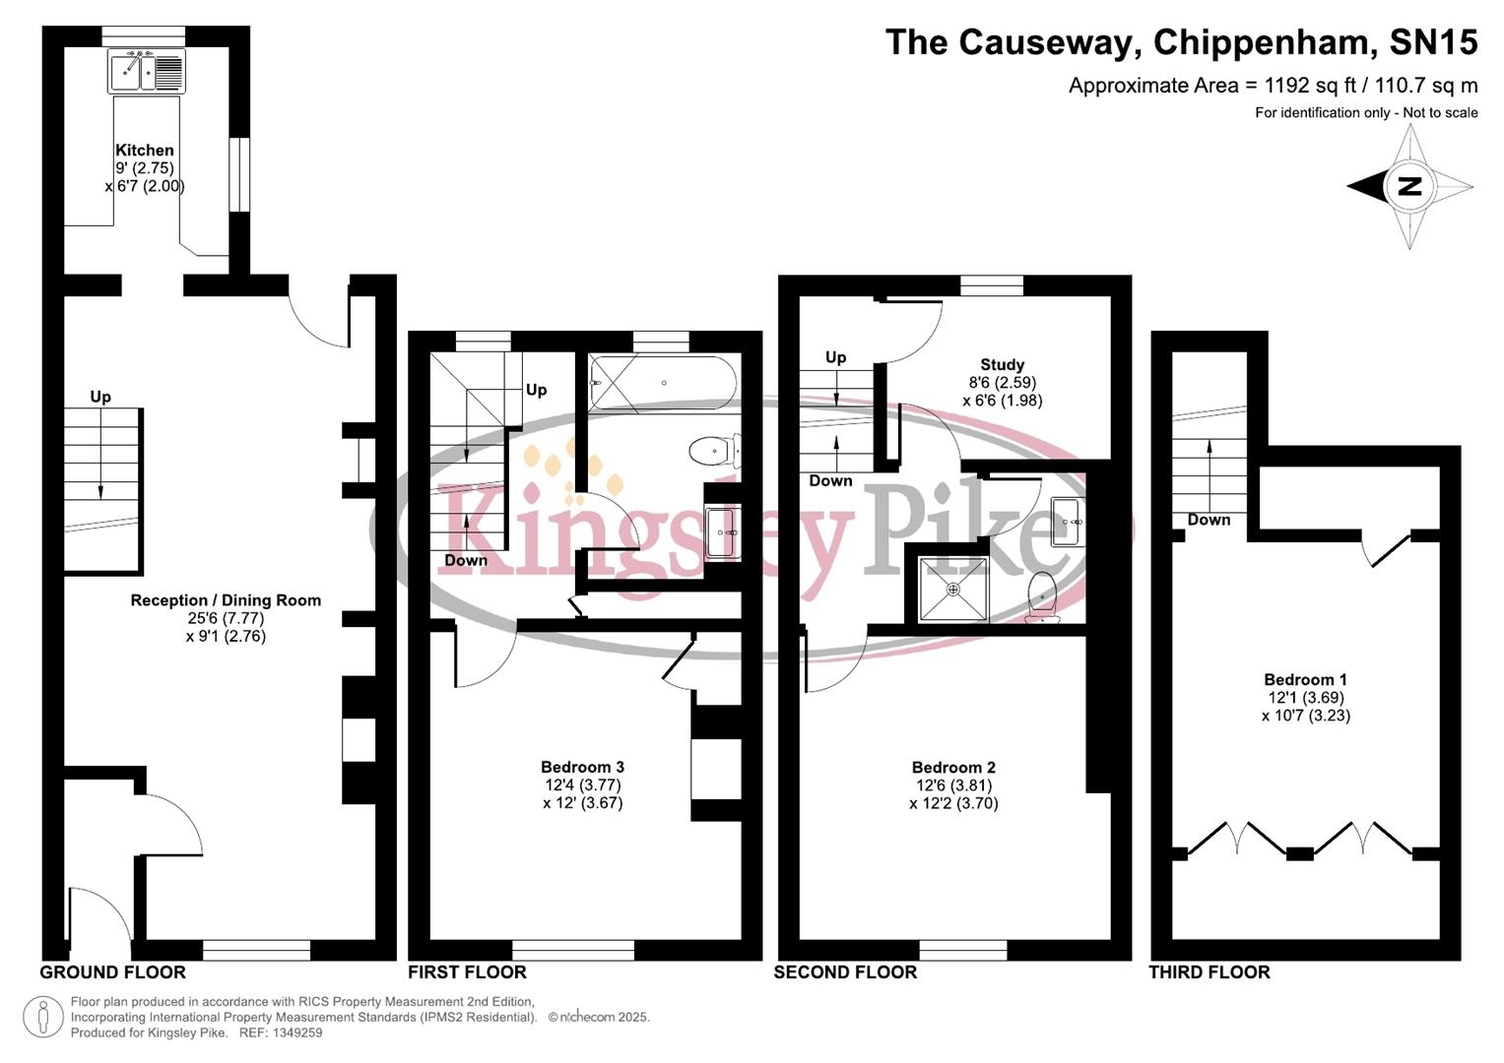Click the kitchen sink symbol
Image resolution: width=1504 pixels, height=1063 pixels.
[146, 71]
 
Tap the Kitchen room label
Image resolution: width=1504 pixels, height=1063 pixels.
[145, 151]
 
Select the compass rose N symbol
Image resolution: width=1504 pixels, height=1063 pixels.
[1409, 186]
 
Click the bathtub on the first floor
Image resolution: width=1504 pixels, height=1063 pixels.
[661, 382]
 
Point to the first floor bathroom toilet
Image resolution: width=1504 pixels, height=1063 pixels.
[713, 452]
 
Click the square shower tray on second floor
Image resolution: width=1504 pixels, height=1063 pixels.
[952, 589]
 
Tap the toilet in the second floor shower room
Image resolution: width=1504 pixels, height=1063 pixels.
[1042, 597]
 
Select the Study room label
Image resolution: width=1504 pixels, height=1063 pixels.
[1002, 364]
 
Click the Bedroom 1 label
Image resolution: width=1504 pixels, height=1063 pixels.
[1305, 679]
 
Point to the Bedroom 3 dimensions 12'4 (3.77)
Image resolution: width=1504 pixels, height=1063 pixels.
[583, 784]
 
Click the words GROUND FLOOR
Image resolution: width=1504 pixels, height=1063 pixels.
[112, 972]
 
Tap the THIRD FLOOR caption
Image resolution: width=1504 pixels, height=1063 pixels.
[1209, 972]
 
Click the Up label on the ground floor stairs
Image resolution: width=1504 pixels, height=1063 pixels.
[100, 397]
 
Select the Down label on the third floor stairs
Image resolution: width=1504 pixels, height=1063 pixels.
[1209, 520]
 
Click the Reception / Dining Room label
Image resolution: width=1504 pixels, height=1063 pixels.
[226, 600]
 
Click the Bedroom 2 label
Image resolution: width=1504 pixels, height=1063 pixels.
[953, 768]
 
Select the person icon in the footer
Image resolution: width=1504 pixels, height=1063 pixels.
[42, 1017]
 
